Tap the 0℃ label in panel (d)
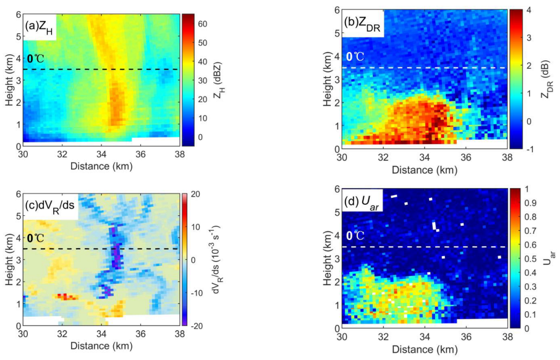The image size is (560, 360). click(x=355, y=236)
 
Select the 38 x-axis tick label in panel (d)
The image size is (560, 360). click(x=506, y=338)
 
